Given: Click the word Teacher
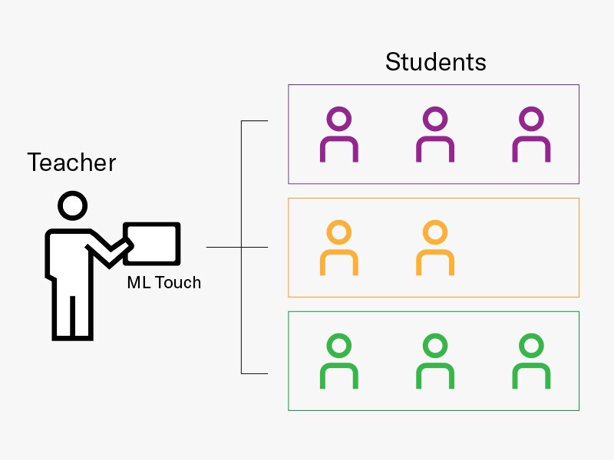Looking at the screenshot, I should click(71, 163).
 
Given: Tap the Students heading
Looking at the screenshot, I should click(435, 62).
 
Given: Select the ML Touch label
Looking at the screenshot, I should click(163, 282).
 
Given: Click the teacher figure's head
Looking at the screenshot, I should click(73, 206).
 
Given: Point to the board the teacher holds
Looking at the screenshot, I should click(152, 243).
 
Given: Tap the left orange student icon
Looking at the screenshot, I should click(338, 248).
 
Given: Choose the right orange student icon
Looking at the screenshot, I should click(435, 248).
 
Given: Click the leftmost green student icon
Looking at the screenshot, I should click(338, 361).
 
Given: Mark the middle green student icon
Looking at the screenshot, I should click(435, 361).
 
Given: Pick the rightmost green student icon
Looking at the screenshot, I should click(531, 361).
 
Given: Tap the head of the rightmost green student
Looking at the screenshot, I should click(531, 346).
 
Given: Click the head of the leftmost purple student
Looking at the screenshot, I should click(338, 120).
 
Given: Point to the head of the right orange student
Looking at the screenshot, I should click(435, 232).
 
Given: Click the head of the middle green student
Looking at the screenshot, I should click(435, 346).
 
